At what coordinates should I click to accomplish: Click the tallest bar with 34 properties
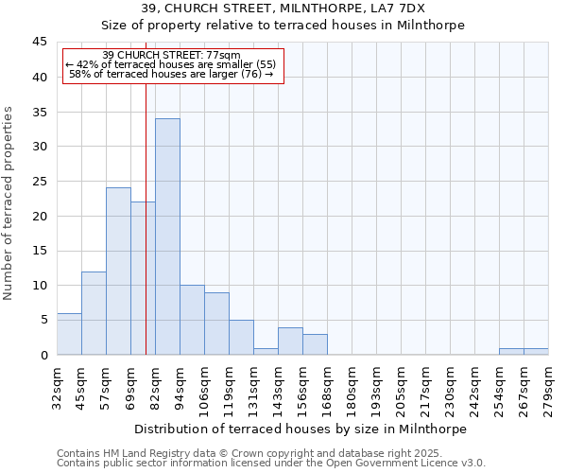pyautogui.click(x=167, y=236)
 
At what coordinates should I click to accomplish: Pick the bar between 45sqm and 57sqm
pyautogui.click(x=94, y=313)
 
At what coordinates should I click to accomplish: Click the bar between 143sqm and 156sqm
pyautogui.click(x=290, y=342)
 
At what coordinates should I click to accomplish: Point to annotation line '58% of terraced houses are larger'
pyautogui.click(x=171, y=74)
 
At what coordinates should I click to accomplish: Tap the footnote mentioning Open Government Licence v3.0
pyautogui.click(x=271, y=464)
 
